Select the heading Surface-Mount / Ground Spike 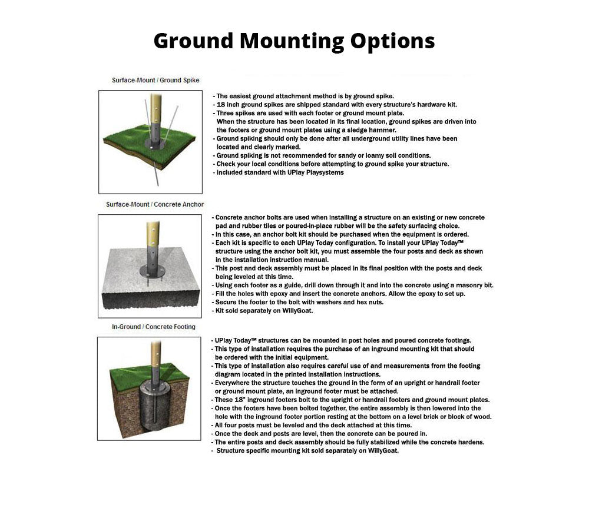pyautogui.click(x=155, y=80)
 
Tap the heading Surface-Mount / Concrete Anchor pyautogui.click(x=155, y=204)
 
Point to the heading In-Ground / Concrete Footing pyautogui.click(x=154, y=327)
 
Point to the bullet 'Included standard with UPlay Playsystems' pyautogui.click(x=280, y=172)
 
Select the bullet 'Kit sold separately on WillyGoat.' pyautogui.click(x=264, y=310)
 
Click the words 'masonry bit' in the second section pyautogui.click(x=474, y=285)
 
